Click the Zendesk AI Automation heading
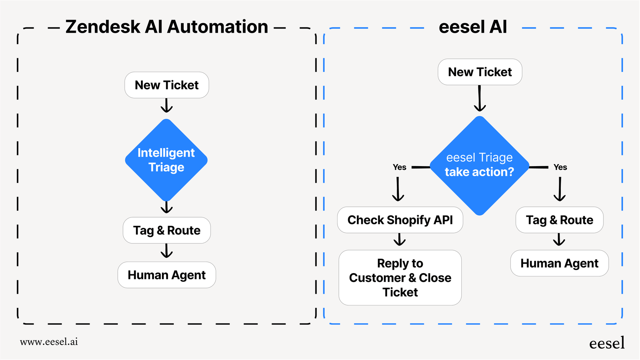(167, 27)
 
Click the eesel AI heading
(473, 27)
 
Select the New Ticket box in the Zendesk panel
(166, 85)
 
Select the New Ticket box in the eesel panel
(480, 72)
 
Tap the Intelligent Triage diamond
(166, 160)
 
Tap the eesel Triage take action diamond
(479, 165)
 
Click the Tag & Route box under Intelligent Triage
(166, 230)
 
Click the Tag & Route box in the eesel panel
(559, 220)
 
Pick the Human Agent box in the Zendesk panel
(166, 275)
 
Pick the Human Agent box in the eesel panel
(559, 263)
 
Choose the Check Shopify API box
(400, 220)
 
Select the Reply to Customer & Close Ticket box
(400, 278)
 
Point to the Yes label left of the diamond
(399, 167)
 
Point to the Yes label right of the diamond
(560, 167)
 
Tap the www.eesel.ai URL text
(49, 342)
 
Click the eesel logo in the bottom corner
(606, 343)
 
